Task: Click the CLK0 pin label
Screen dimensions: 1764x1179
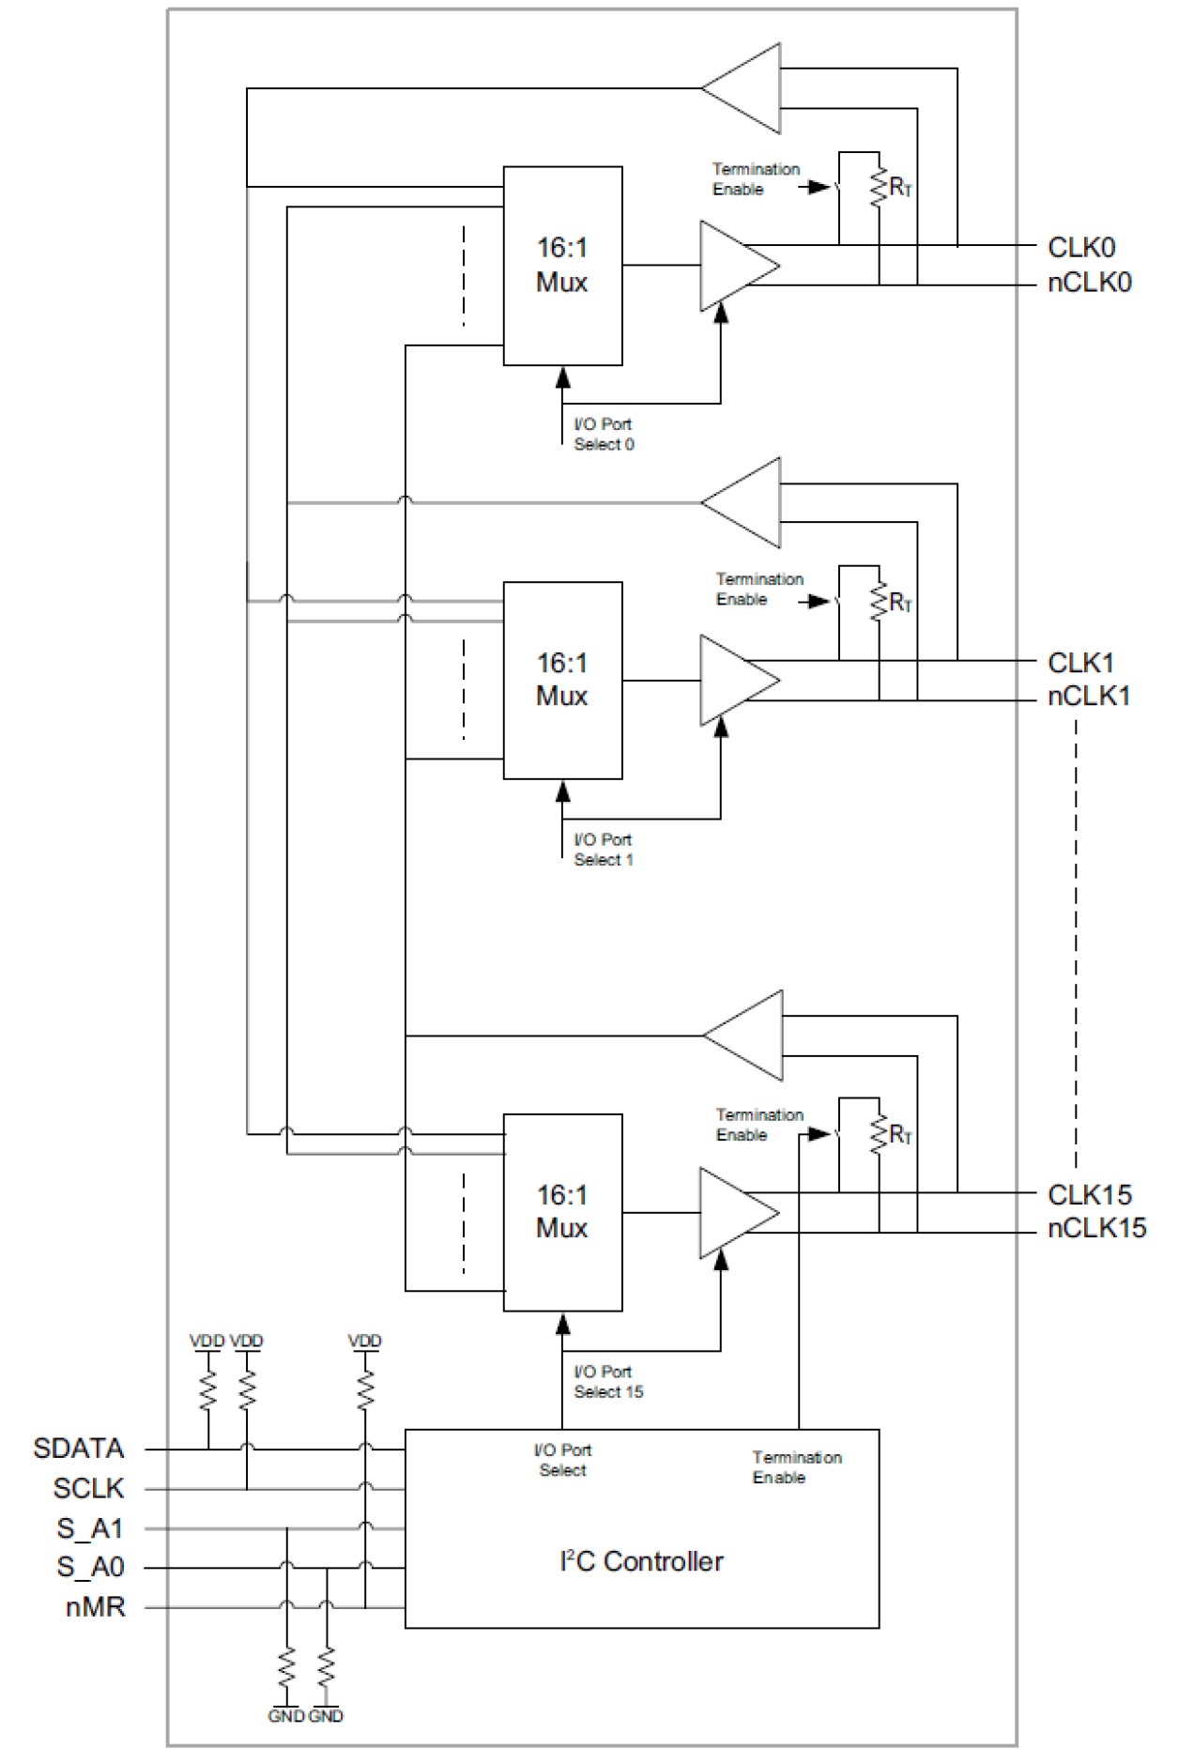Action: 1080,248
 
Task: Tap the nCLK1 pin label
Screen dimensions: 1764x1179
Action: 1088,696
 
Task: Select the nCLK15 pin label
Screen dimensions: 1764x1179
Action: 1095,1227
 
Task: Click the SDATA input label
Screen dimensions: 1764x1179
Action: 78,1448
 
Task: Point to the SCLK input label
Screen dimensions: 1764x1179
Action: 88,1488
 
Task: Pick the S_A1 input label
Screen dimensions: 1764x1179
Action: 90,1528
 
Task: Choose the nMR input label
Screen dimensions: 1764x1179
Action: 95,1606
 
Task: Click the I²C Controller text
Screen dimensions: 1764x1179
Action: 641,1561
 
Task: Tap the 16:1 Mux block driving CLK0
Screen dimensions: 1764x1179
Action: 562,266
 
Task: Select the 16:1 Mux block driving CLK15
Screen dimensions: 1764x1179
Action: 562,1212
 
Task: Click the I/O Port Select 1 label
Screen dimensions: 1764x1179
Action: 603,850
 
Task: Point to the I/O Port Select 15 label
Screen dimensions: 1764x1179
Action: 607,1382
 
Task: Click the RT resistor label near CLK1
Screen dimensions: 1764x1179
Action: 900,602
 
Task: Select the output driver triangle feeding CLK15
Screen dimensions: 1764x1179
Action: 735,1213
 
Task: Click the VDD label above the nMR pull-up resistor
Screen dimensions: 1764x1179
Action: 364,1341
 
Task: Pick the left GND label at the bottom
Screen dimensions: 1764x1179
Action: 285,1716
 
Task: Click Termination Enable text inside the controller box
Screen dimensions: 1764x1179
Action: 796,1467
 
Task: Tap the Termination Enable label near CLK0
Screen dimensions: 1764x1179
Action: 755,179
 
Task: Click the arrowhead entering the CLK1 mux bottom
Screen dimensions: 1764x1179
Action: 562,791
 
